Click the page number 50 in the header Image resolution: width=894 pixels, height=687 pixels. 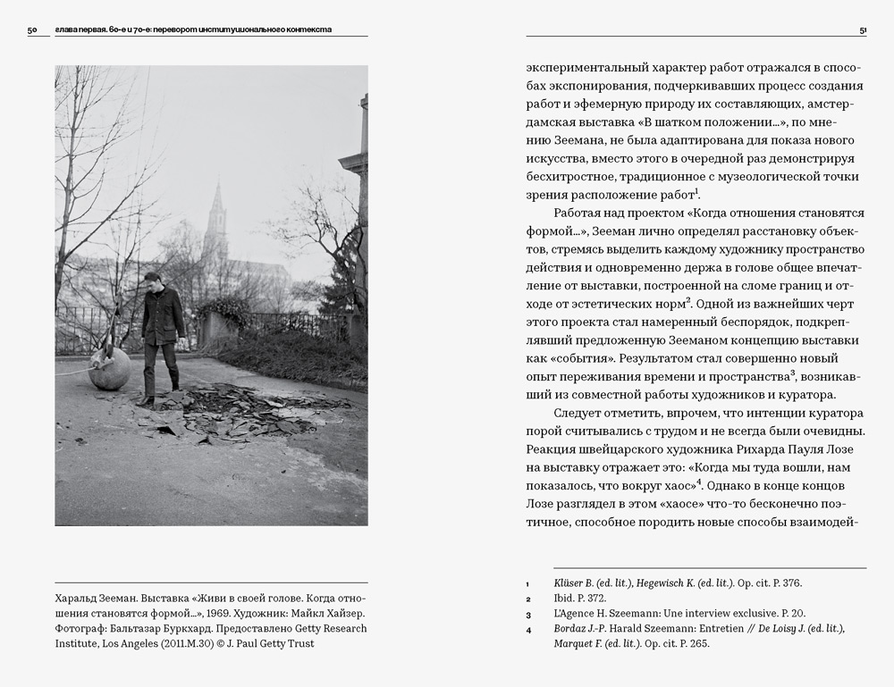point(32,29)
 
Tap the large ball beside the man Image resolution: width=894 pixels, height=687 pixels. point(108,368)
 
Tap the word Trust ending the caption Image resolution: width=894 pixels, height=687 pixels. point(299,643)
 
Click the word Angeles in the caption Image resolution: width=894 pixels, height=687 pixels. point(131,643)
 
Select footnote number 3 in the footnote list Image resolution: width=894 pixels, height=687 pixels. point(528,615)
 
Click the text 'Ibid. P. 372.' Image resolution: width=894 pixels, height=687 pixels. point(581,599)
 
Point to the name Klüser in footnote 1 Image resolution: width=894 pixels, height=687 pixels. point(570,582)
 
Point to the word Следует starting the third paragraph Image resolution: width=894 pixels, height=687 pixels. point(582,413)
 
